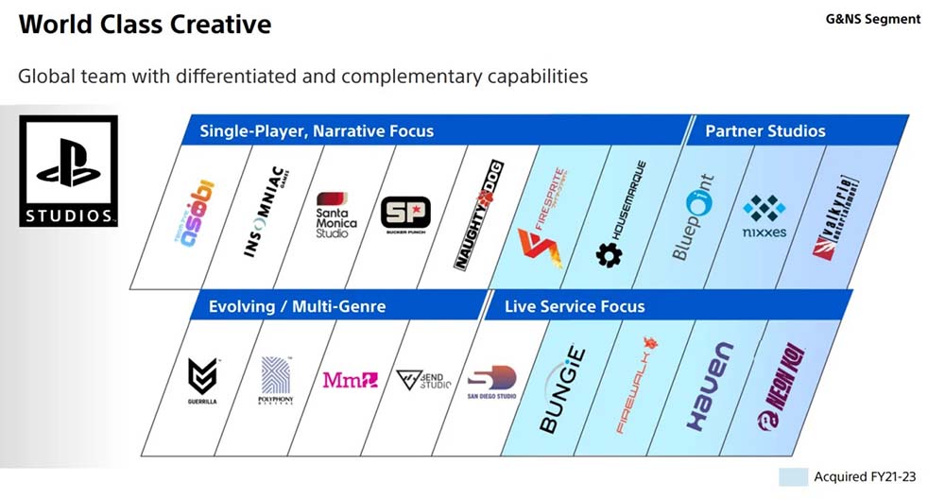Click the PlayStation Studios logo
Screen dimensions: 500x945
(x=68, y=171)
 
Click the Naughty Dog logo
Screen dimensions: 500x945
(x=479, y=216)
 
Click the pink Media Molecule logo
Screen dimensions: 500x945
(x=350, y=380)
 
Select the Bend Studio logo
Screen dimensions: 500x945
(x=423, y=381)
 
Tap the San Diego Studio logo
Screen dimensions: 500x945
(x=492, y=383)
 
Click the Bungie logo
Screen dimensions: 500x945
(x=563, y=390)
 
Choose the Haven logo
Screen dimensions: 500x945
(x=706, y=387)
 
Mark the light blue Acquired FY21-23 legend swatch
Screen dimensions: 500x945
(x=792, y=477)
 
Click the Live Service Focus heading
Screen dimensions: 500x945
(x=575, y=306)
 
